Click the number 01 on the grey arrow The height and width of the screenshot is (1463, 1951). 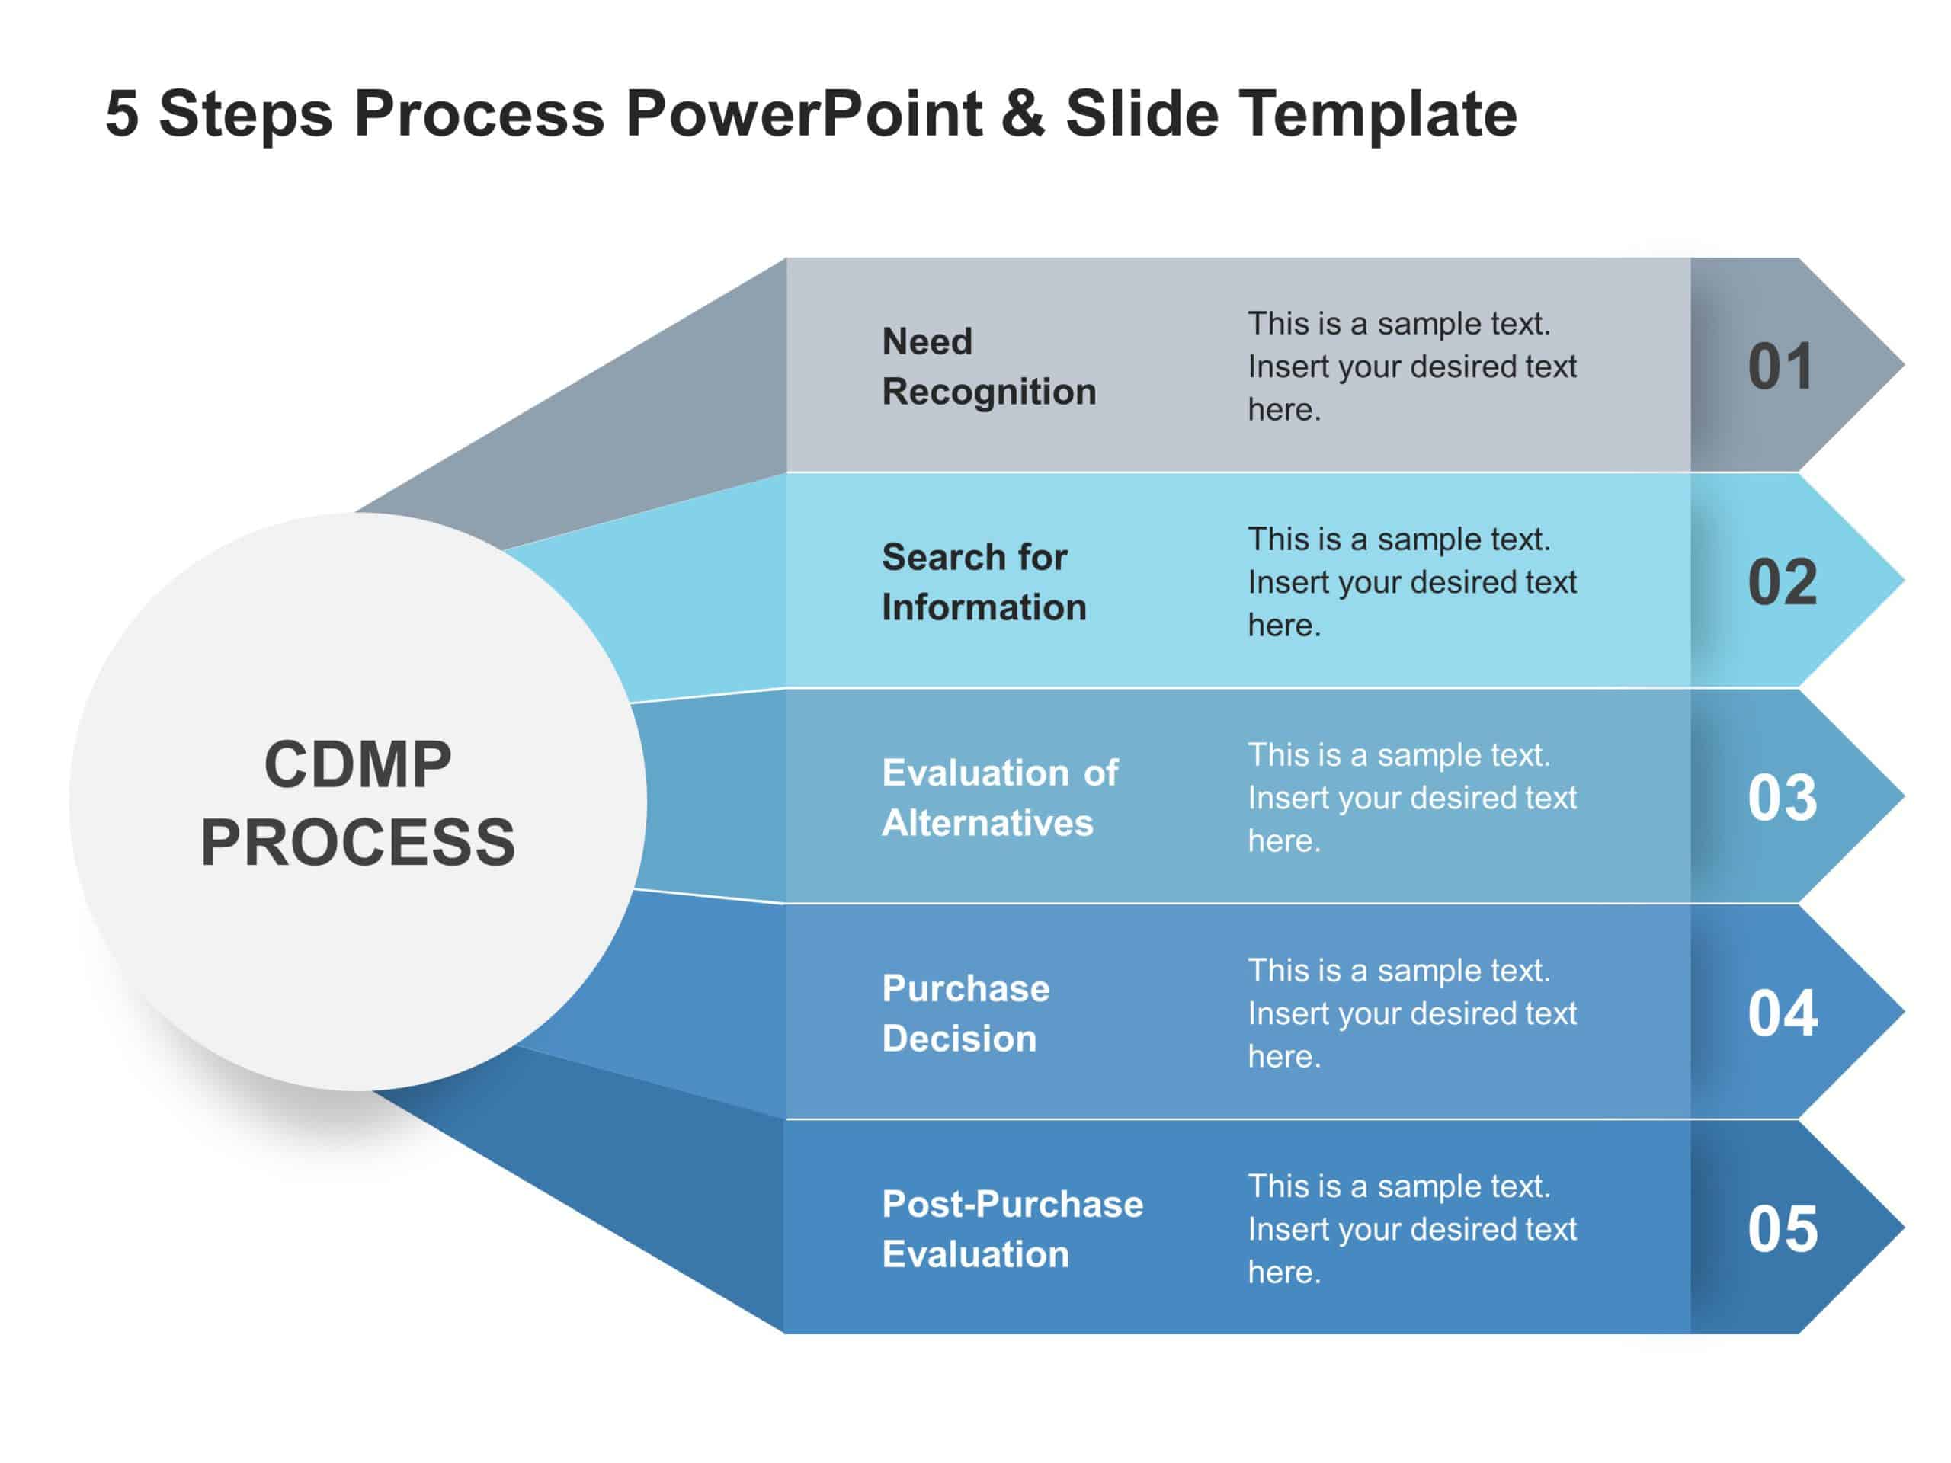click(1781, 366)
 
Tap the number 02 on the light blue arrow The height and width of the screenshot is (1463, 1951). click(1783, 582)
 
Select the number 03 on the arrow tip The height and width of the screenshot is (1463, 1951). click(1783, 798)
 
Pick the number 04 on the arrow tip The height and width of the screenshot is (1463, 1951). click(1783, 1013)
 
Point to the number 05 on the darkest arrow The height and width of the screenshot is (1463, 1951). click(1783, 1229)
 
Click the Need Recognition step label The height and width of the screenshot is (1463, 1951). click(988, 366)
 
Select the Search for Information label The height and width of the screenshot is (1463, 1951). click(983, 582)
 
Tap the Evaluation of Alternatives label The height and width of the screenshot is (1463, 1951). click(999, 798)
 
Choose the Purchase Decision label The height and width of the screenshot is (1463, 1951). click(966, 1013)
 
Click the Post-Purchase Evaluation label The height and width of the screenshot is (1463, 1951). click(1011, 1229)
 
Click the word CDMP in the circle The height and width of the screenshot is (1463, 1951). click(357, 764)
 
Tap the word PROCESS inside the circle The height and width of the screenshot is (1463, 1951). click(357, 842)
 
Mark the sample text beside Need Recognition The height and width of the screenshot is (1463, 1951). click(1411, 366)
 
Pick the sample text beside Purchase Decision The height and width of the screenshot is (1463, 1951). click(1411, 1013)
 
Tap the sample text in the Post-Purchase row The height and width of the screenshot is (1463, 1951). click(1411, 1229)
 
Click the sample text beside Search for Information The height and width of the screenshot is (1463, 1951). click(1411, 582)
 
